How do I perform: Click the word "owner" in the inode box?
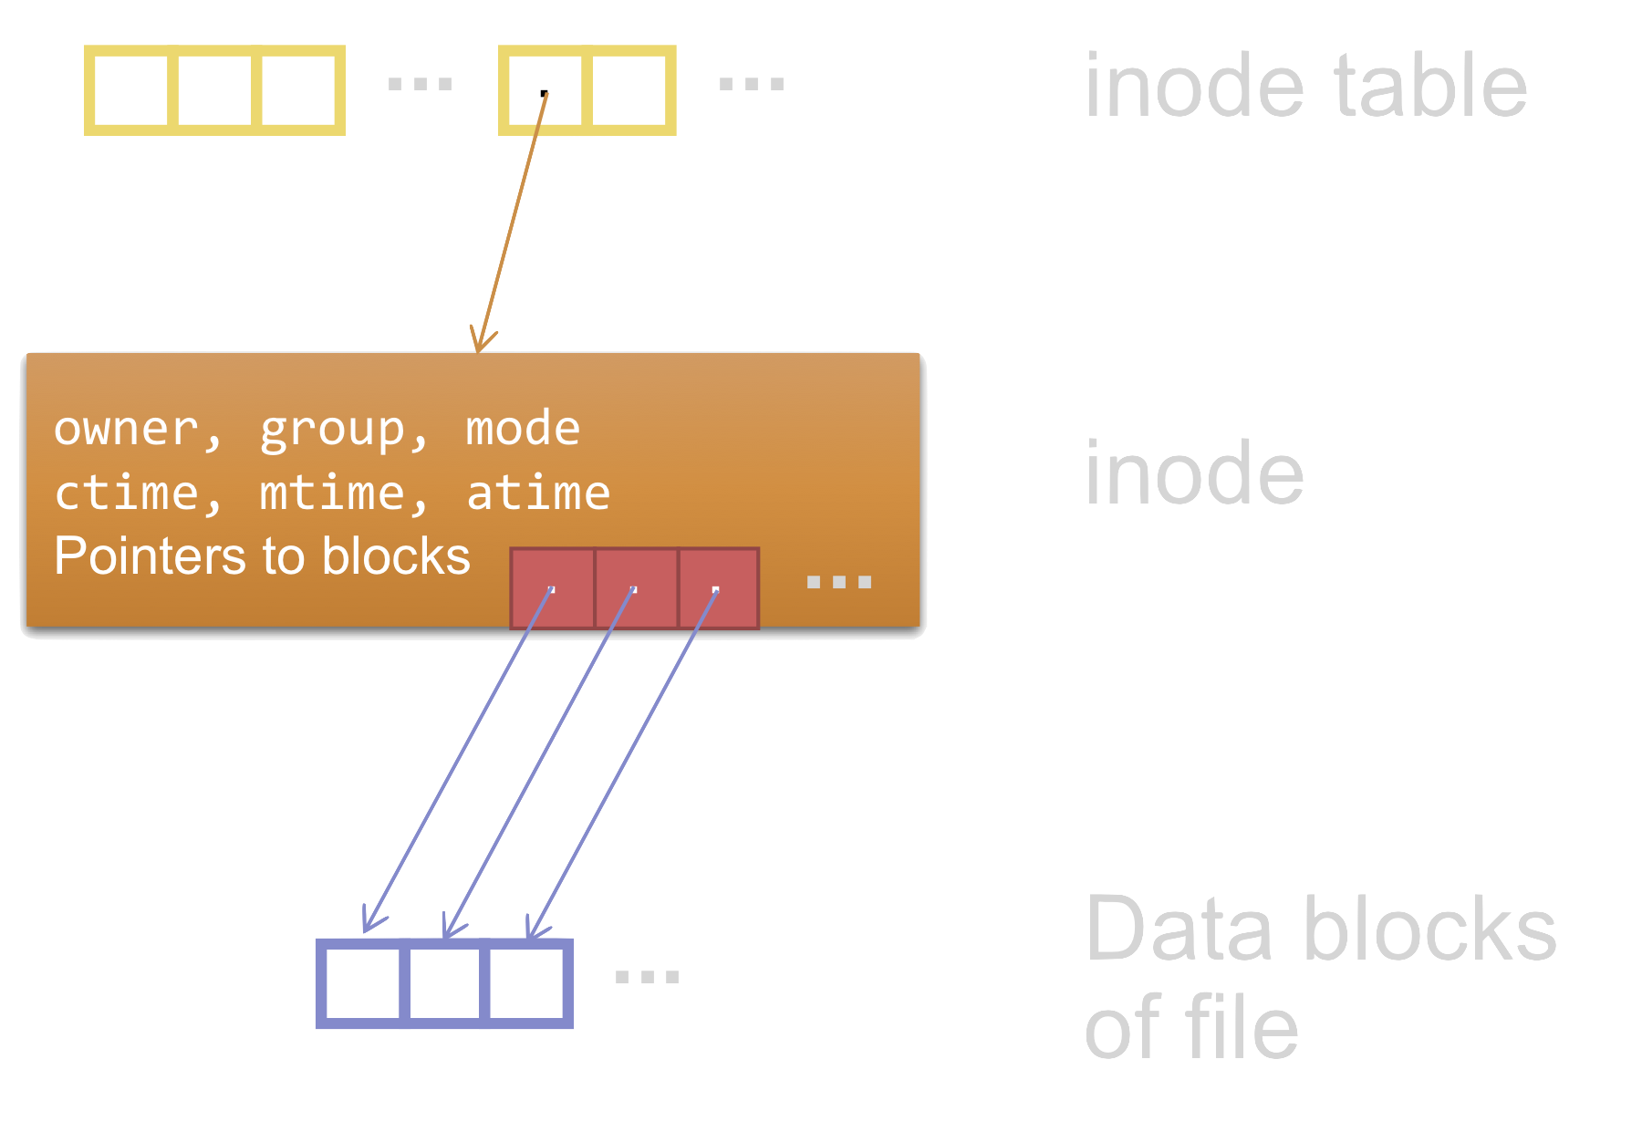[x=126, y=428]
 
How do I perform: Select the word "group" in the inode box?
[x=332, y=429]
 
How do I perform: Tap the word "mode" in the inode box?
[x=523, y=428]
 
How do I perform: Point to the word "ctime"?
[x=126, y=493]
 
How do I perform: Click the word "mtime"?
[x=332, y=493]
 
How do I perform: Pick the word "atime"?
[x=538, y=493]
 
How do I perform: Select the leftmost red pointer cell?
[x=552, y=588]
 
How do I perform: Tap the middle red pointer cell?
[x=636, y=588]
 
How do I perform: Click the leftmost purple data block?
[x=362, y=983]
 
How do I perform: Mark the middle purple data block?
[x=444, y=983]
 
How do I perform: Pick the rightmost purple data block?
[x=526, y=983]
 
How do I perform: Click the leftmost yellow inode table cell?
[x=130, y=90]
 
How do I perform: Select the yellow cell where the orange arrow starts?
[x=545, y=90]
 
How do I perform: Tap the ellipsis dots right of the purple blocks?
[x=647, y=977]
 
